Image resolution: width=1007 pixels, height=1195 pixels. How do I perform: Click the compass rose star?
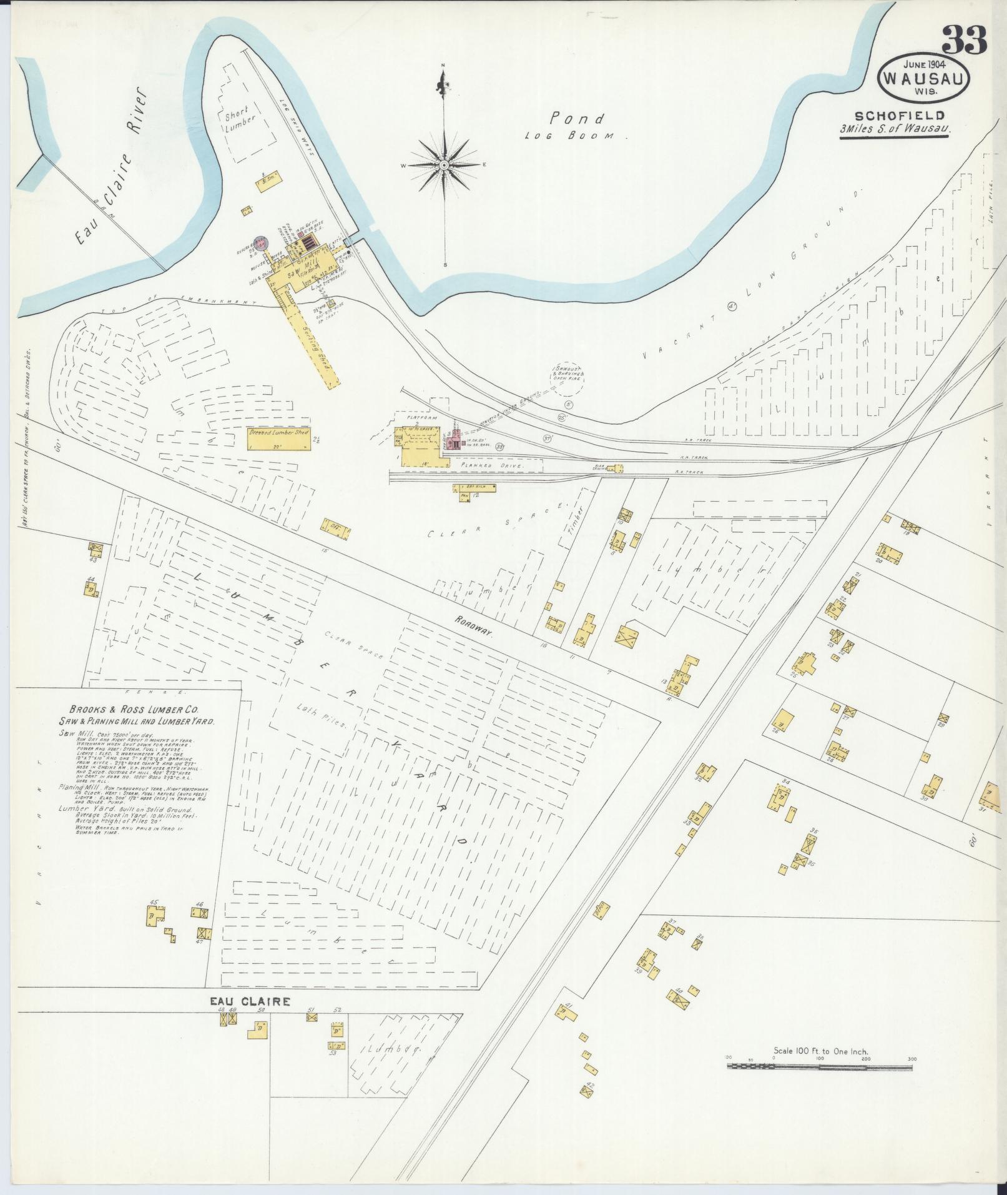tap(444, 165)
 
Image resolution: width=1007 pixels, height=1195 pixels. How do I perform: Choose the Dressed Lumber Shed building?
tap(279, 440)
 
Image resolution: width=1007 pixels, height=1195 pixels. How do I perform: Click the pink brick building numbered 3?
tap(455, 442)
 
